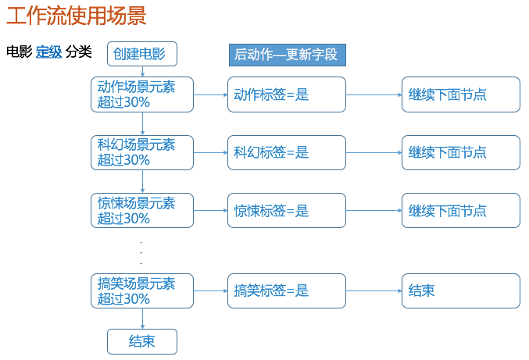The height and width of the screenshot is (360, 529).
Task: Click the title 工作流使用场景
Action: coord(77,16)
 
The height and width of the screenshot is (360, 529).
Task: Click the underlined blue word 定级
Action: coord(49,52)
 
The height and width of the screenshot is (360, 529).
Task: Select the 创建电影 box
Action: coord(142,54)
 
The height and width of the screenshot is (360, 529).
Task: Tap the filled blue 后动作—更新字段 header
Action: coord(288,55)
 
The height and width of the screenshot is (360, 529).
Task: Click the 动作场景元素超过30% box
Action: coord(142,94)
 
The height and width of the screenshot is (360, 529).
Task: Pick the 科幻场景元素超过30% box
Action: coord(142,153)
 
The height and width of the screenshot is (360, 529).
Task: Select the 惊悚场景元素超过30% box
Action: coord(142,211)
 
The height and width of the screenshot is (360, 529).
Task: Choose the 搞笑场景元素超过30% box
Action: coord(142,291)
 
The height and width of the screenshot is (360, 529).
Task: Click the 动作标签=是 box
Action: coord(287,94)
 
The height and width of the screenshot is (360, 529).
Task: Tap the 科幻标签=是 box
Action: coord(287,153)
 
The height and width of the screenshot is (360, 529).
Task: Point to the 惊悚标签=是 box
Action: coord(287,211)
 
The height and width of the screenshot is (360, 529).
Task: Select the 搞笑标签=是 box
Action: coord(287,291)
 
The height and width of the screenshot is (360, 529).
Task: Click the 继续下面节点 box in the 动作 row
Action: coord(461,94)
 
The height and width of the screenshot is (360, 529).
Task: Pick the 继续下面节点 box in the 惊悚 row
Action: coord(461,211)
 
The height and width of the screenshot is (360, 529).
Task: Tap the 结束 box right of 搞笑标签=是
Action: coord(461,291)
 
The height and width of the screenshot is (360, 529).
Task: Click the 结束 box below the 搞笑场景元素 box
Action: coord(142,342)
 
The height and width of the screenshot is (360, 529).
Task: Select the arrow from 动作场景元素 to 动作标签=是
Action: coord(210,94)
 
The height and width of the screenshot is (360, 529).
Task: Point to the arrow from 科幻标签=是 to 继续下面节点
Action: coord(374,153)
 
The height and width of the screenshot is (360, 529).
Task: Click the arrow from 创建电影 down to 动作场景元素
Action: coord(142,72)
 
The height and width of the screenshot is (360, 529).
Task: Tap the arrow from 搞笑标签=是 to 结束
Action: coord(374,291)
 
